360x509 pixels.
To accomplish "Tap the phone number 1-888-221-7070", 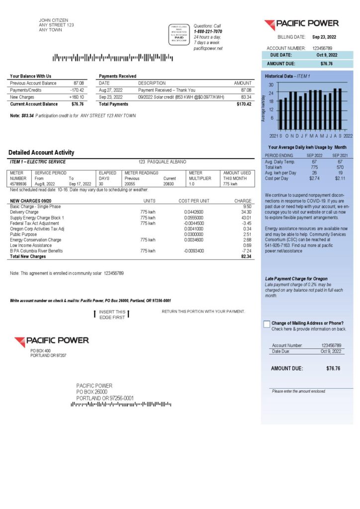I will pyautogui.click(x=208, y=31).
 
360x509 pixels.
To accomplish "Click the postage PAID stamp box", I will pyautogui.click(x=179, y=34).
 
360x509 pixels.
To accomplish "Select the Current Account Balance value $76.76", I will pyautogui.click(x=78, y=104).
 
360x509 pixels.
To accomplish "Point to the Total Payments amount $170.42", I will pyautogui.click(x=244, y=104).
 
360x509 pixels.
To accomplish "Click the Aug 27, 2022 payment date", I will pyautogui.click(x=111, y=90).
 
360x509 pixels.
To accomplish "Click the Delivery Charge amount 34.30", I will pyautogui.click(x=246, y=212).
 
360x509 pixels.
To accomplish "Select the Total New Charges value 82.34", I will pyautogui.click(x=246, y=256).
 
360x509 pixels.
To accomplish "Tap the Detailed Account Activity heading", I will pyautogui.click(x=41, y=153).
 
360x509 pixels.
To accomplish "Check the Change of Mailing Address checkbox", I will pyautogui.click(x=267, y=324).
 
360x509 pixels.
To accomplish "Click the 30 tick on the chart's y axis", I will pyautogui.click(x=271, y=85).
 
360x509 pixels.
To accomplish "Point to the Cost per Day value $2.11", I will pyautogui.click(x=340, y=178).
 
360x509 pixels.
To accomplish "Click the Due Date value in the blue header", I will pyautogui.click(x=327, y=55).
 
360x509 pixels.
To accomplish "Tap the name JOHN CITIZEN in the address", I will pyautogui.click(x=53, y=20).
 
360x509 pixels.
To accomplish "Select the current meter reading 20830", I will pyautogui.click(x=169, y=184).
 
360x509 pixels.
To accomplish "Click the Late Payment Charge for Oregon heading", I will pyautogui.click(x=296, y=279).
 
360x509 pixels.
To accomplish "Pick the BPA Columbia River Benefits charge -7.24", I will pyautogui.click(x=246, y=251).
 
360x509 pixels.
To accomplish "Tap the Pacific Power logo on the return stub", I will pyautogui.click(x=52, y=341).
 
